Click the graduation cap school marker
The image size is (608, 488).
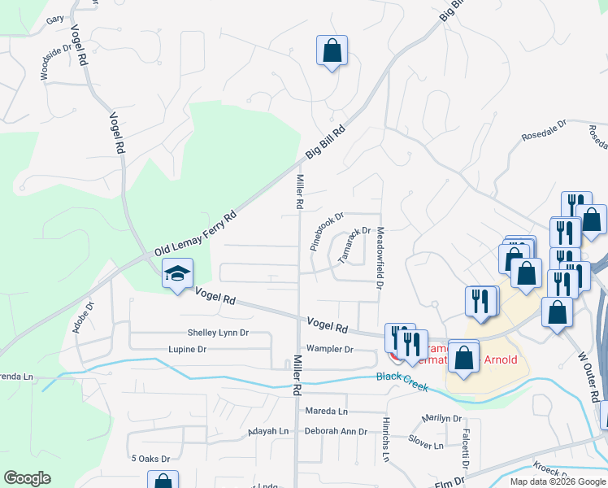point(177,274)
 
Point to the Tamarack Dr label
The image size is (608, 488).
point(354,244)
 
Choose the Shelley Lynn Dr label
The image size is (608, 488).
point(218,333)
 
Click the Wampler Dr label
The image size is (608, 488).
point(328,349)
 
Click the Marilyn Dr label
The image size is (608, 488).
point(441,419)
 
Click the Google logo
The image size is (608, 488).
point(28,477)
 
